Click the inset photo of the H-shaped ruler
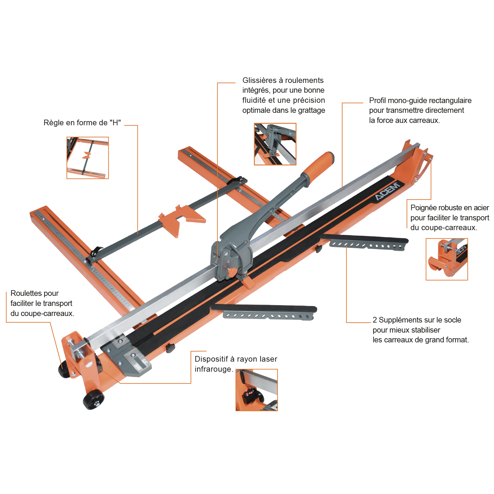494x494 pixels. (x=88, y=158)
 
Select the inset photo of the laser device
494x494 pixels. (x=256, y=390)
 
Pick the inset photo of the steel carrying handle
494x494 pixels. (x=447, y=259)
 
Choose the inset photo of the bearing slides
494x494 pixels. (x=275, y=144)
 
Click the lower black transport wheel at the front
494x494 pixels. (x=93, y=401)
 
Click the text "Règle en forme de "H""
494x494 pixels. (x=82, y=123)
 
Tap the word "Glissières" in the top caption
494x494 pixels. (x=259, y=80)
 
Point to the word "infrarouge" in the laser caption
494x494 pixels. (x=213, y=369)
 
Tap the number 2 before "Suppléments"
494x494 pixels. (x=375, y=320)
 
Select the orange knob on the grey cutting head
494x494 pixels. (x=232, y=272)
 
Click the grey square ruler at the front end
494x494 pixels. (x=127, y=356)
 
